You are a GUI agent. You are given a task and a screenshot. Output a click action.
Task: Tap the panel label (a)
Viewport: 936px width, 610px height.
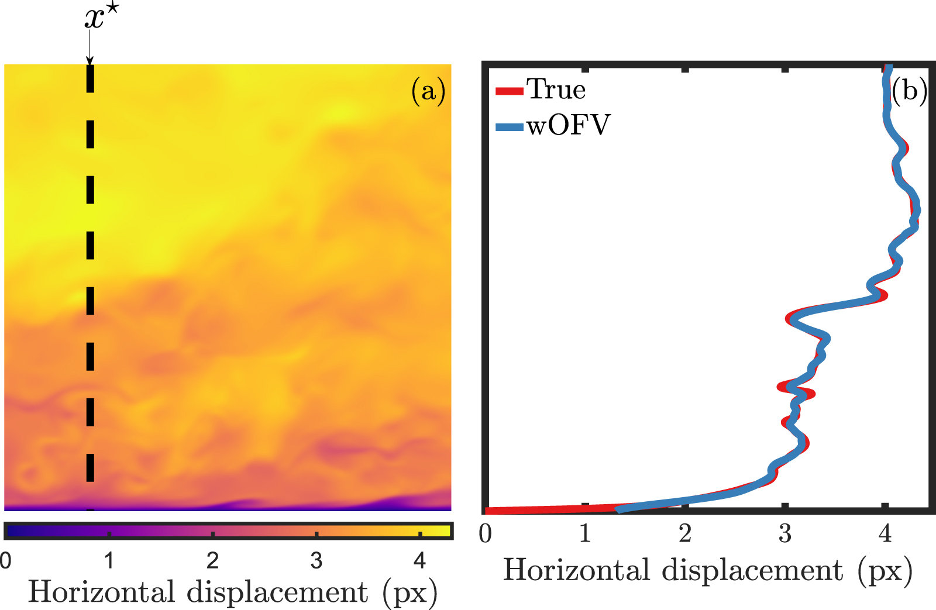[x=428, y=91]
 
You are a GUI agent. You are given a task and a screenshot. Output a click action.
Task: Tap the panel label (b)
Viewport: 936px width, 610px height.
[x=909, y=91]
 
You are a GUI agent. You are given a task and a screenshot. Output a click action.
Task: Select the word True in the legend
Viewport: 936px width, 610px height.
[x=556, y=89]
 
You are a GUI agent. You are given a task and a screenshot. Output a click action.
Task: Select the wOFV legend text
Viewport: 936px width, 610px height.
[x=568, y=125]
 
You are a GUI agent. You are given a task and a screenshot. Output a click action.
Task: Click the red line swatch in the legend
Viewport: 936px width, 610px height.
[x=509, y=91]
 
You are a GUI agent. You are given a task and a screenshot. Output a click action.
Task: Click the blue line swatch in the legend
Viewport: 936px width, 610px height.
[x=509, y=126]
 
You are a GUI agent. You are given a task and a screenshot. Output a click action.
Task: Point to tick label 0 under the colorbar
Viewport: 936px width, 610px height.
[x=6, y=560]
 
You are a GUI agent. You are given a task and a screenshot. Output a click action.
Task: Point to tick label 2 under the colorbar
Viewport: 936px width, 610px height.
[x=212, y=560]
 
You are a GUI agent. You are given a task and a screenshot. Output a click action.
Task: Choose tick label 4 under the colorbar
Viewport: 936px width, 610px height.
[x=419, y=560]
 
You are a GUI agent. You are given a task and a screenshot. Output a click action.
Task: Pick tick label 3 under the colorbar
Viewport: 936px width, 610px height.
[x=316, y=560]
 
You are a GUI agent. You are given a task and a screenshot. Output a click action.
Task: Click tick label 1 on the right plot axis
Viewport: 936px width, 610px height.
[x=585, y=533]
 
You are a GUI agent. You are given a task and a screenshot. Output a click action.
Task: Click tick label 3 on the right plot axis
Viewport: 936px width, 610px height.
[x=785, y=533]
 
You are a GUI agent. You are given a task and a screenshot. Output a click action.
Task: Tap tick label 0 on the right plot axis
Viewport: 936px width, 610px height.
[x=485, y=533]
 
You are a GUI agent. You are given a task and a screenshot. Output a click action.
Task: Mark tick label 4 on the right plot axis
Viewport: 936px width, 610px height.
[x=885, y=533]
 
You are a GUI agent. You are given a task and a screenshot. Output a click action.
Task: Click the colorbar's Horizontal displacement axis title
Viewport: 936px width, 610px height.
[x=233, y=592]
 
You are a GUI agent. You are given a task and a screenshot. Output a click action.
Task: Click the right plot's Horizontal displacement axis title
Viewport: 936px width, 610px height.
[x=707, y=570]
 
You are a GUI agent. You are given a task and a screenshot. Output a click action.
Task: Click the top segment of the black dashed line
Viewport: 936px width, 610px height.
[x=90, y=78]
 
